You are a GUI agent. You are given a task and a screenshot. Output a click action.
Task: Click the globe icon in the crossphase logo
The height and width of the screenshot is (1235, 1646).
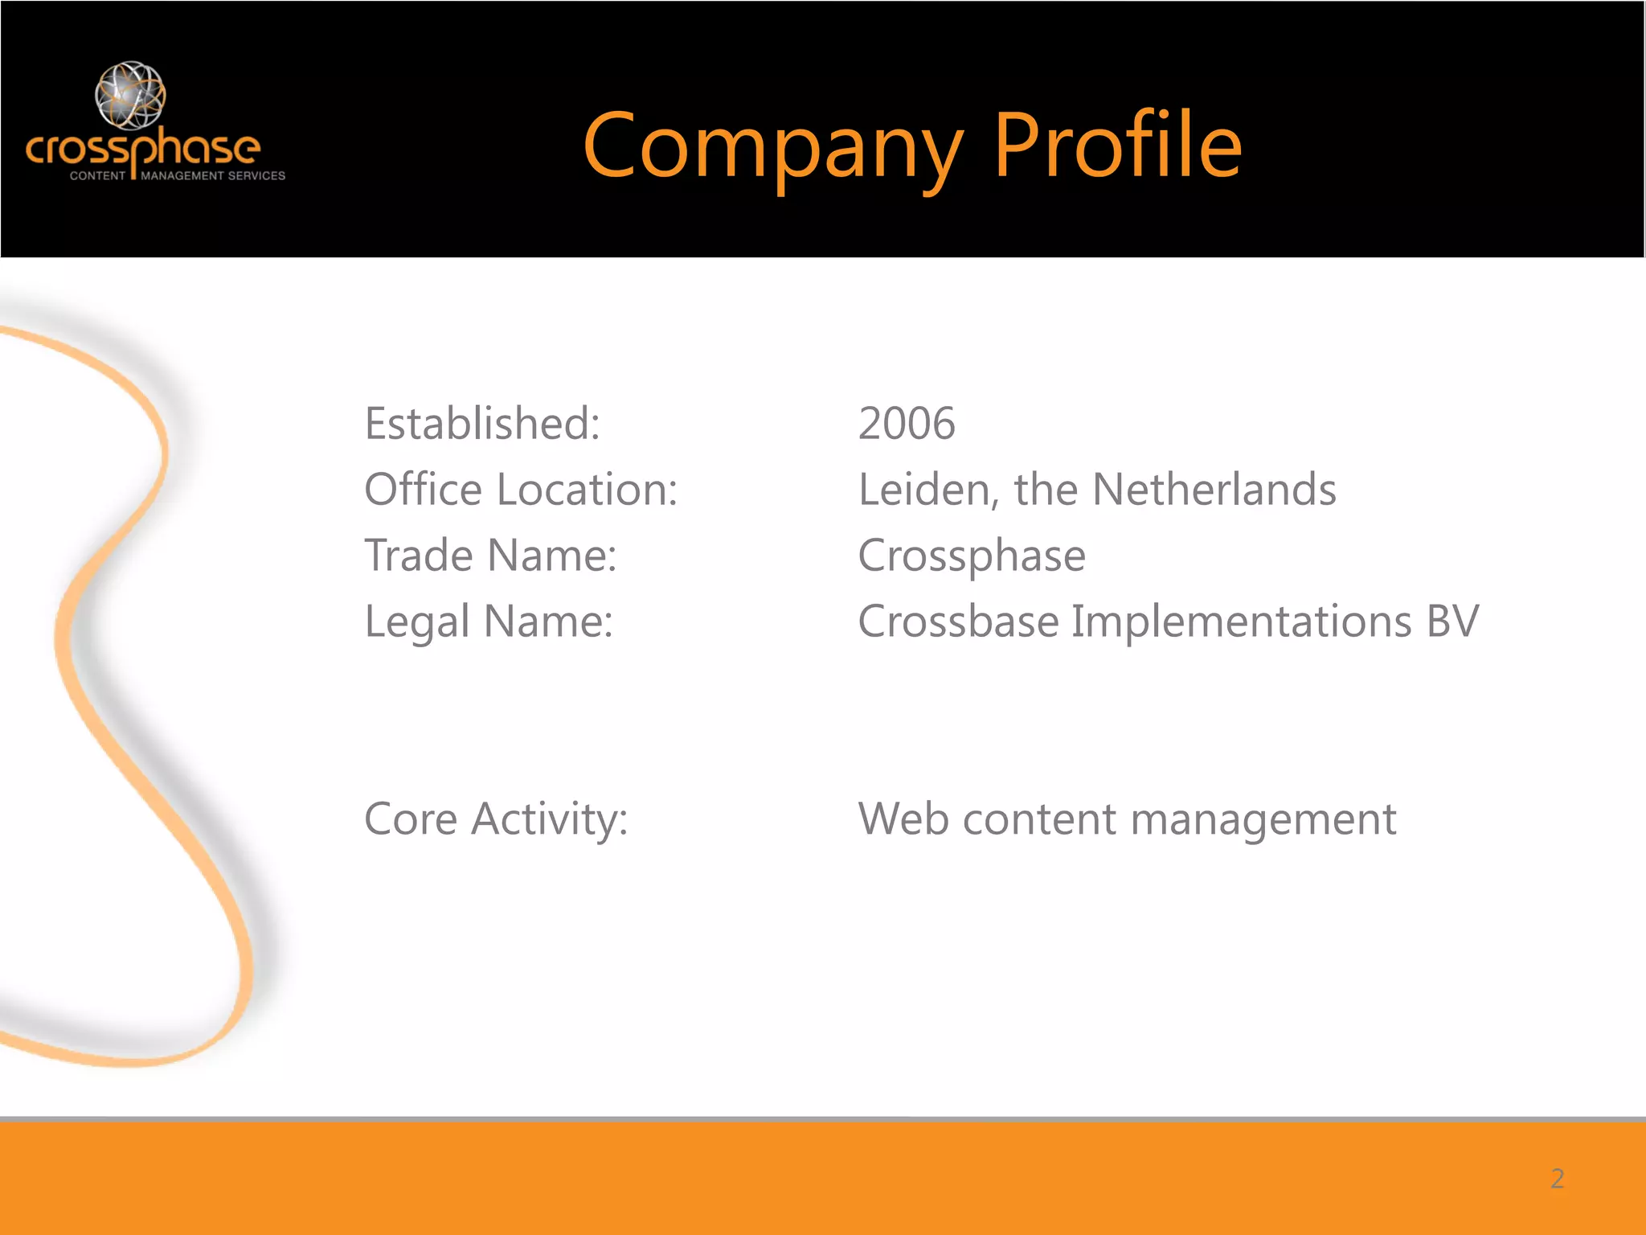click(x=130, y=95)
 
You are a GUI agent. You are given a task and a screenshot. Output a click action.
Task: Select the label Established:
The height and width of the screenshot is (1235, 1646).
click(x=482, y=424)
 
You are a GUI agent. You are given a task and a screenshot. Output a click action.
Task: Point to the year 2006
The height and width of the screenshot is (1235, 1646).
click(x=907, y=424)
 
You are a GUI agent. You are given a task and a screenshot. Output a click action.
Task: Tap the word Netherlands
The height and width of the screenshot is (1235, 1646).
click(x=1214, y=490)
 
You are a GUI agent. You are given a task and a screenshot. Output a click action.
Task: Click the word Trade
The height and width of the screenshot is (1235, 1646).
click(x=419, y=556)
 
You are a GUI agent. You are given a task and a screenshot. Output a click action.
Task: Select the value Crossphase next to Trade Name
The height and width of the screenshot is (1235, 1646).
click(x=972, y=556)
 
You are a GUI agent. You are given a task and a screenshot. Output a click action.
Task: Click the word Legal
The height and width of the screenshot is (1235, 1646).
click(x=417, y=622)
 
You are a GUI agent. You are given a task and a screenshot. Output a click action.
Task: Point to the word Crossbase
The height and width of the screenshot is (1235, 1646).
click(x=958, y=622)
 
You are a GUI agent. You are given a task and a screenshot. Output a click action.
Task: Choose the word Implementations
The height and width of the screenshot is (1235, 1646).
click(x=1241, y=622)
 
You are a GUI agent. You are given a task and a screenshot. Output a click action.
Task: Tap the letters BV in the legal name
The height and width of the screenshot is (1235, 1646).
click(x=1452, y=622)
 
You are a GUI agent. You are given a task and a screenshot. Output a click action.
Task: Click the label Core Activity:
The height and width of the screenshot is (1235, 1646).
click(x=496, y=819)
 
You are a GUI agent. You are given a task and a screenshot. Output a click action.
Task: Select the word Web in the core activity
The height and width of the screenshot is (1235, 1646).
click(x=903, y=819)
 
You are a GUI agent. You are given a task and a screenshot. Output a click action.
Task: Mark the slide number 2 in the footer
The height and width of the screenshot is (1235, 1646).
click(x=1557, y=1179)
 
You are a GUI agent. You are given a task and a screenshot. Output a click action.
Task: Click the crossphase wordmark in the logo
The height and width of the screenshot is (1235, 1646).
click(x=143, y=149)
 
